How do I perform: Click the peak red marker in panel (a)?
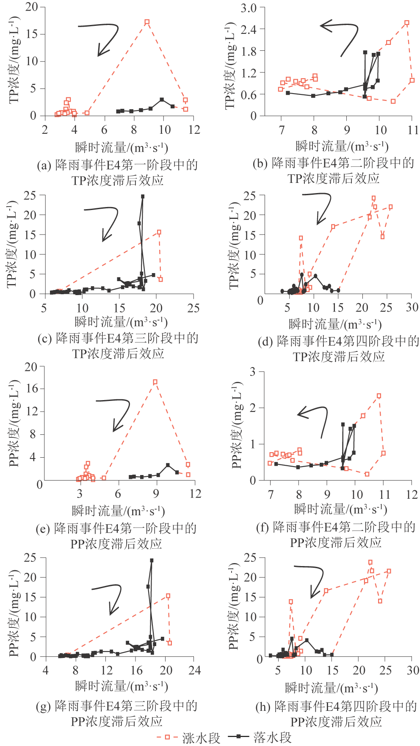(x=147, y=22)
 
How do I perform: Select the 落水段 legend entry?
(x=272, y=737)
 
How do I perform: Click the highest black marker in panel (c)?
(x=143, y=196)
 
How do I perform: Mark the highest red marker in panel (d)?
(x=373, y=198)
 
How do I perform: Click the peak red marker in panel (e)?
(x=155, y=382)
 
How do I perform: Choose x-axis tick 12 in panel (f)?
(x=412, y=494)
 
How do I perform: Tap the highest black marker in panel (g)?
(x=152, y=561)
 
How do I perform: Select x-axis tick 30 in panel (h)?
(x=413, y=671)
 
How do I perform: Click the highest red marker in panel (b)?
(x=407, y=23)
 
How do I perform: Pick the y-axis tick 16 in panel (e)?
(x=31, y=389)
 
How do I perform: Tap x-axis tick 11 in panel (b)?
(x=413, y=130)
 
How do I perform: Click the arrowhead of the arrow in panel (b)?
(x=322, y=26)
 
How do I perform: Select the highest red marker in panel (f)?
(x=379, y=396)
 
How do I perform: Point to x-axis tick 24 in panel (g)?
(x=194, y=670)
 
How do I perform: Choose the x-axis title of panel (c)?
(x=121, y=322)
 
